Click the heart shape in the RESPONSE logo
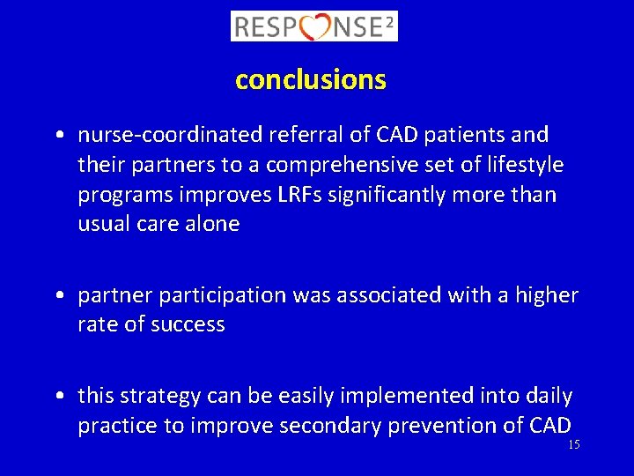click(x=314, y=26)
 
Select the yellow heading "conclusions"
click(x=310, y=80)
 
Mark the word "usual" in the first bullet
click(x=104, y=224)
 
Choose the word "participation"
click(x=220, y=295)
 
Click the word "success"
click(x=188, y=324)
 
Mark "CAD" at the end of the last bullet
click(x=550, y=426)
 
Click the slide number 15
click(x=573, y=445)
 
